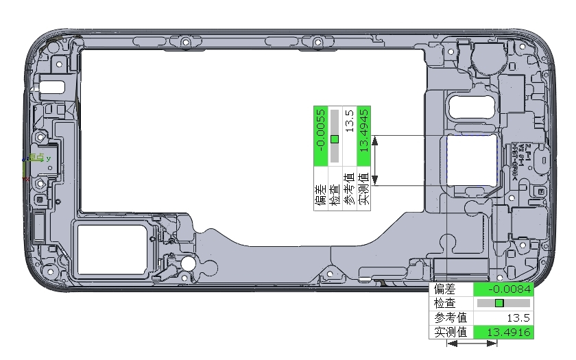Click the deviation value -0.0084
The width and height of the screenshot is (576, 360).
pos(510,288)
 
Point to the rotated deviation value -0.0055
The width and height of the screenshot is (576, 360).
pos(320,136)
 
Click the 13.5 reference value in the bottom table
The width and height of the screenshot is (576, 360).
pos(517,317)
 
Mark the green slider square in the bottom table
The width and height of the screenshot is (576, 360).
pos(499,303)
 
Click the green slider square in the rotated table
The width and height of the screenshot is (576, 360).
pos(335,139)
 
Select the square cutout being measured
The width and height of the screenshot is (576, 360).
pos(472,160)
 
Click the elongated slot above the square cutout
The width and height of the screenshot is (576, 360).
pos(472,107)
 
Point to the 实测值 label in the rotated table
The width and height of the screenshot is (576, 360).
pos(364,189)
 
